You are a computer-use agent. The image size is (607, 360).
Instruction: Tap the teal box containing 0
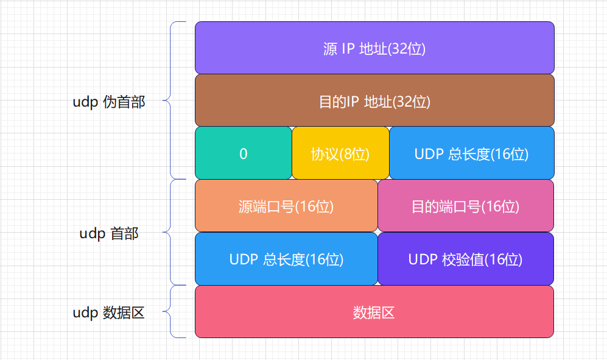click(244, 154)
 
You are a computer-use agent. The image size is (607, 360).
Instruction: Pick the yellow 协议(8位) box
click(340, 154)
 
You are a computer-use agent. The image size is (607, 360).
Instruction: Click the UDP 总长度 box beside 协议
click(471, 154)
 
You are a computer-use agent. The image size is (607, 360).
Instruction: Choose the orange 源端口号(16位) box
click(286, 206)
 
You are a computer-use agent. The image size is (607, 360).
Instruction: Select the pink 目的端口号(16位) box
click(466, 206)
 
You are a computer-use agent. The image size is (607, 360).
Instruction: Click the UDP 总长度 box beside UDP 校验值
click(286, 259)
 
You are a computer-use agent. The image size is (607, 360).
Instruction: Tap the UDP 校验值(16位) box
click(466, 259)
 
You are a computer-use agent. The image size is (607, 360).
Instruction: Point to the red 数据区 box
click(374, 312)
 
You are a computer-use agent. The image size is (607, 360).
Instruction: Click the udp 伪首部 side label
click(109, 102)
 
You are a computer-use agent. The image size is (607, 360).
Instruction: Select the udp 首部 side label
click(109, 233)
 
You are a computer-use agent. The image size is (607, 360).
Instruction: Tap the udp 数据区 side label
click(109, 313)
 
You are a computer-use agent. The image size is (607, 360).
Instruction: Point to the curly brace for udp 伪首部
click(172, 101)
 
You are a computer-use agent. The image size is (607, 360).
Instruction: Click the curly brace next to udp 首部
click(172, 232)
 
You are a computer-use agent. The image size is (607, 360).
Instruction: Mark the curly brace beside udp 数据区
click(172, 312)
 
